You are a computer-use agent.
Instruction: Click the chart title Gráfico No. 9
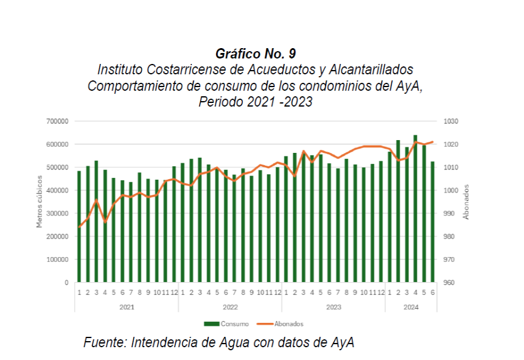tap(256, 53)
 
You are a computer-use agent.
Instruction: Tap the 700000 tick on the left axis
tap(57, 121)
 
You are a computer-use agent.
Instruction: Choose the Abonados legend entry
tap(285, 324)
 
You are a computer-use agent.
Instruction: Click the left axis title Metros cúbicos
tap(40, 201)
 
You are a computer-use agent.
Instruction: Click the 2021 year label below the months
tap(126, 308)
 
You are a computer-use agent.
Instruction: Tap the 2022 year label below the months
tap(229, 308)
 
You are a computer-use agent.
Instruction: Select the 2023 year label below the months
tap(333, 308)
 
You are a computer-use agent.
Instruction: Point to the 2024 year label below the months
tap(411, 308)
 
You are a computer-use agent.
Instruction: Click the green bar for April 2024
tap(416, 209)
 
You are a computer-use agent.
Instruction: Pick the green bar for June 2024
tap(433, 222)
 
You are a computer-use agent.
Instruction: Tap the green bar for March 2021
tap(96, 222)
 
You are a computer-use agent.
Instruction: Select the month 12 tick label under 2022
tap(278, 292)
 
